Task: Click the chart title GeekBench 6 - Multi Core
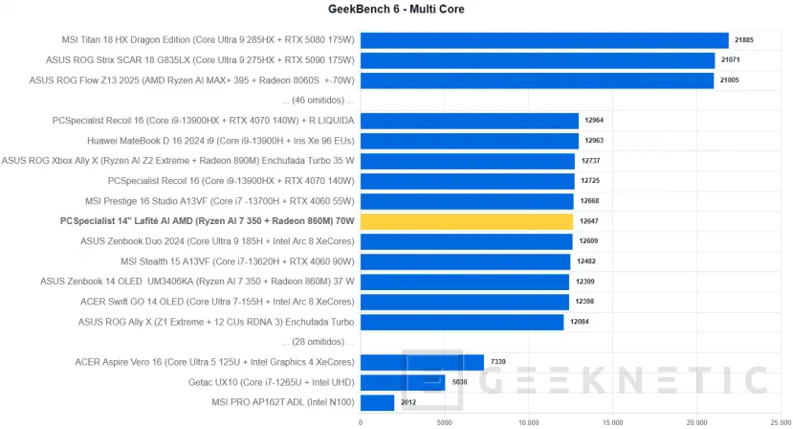tap(396, 10)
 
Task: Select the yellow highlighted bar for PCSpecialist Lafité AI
tap(467, 221)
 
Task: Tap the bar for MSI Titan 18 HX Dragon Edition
tap(544, 40)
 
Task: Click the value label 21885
tap(744, 40)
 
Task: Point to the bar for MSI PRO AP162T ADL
tap(377, 402)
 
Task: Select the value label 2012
tap(408, 402)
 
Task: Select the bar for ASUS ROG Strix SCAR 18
tap(538, 60)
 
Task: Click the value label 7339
tap(498, 362)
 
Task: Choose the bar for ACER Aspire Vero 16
tap(422, 362)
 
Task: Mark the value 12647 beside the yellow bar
tap(589, 221)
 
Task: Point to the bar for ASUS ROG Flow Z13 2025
tap(537, 80)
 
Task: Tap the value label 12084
tap(580, 322)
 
